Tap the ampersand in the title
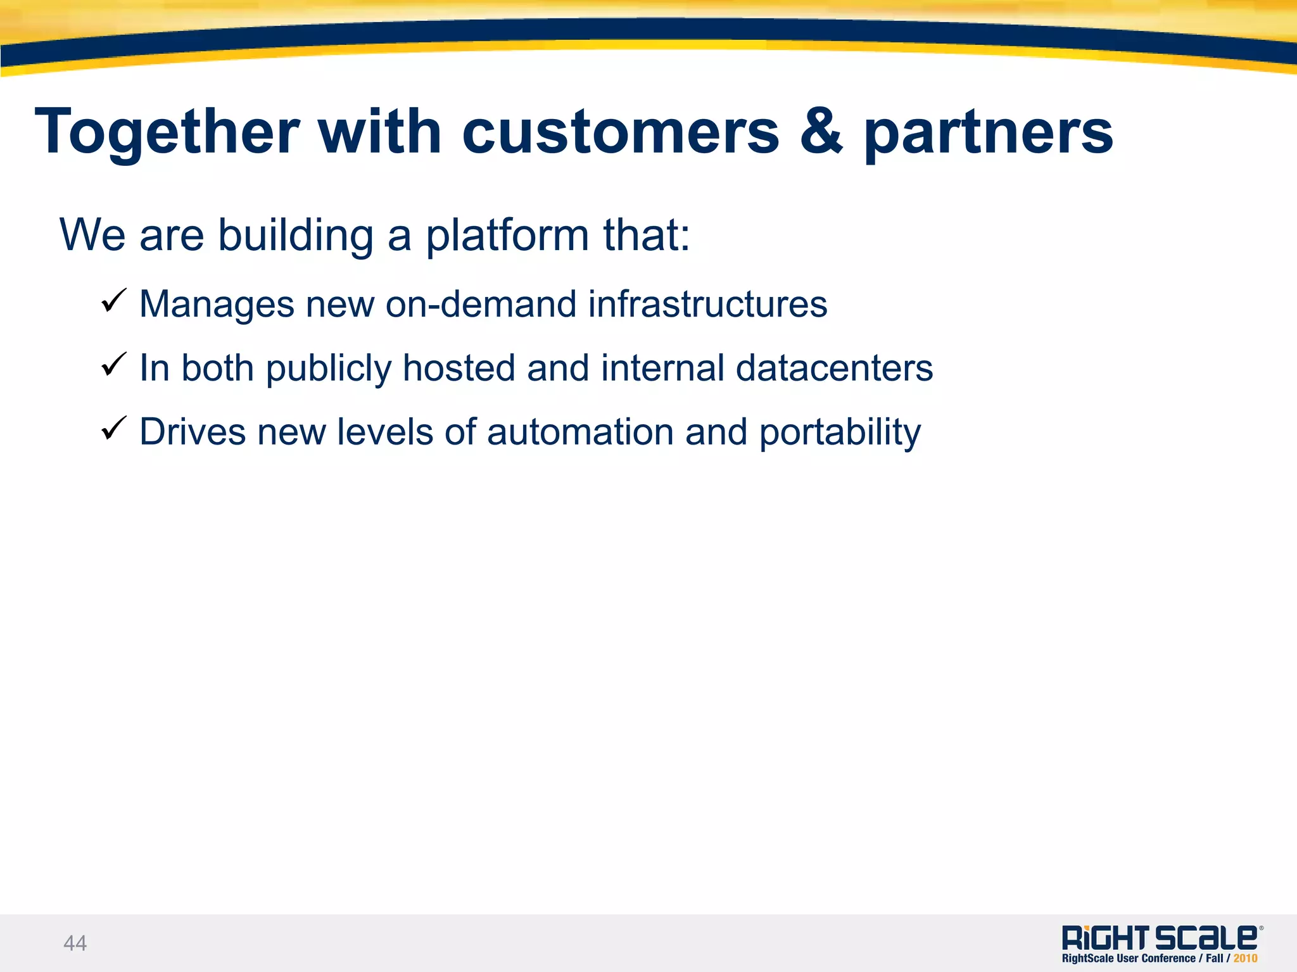821,131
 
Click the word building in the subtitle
296,236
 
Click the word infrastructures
707,304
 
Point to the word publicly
329,369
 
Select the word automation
580,432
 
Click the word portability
840,433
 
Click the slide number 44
75,943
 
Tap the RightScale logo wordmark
1160,937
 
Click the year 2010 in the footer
1245,959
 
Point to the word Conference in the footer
1168,959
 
